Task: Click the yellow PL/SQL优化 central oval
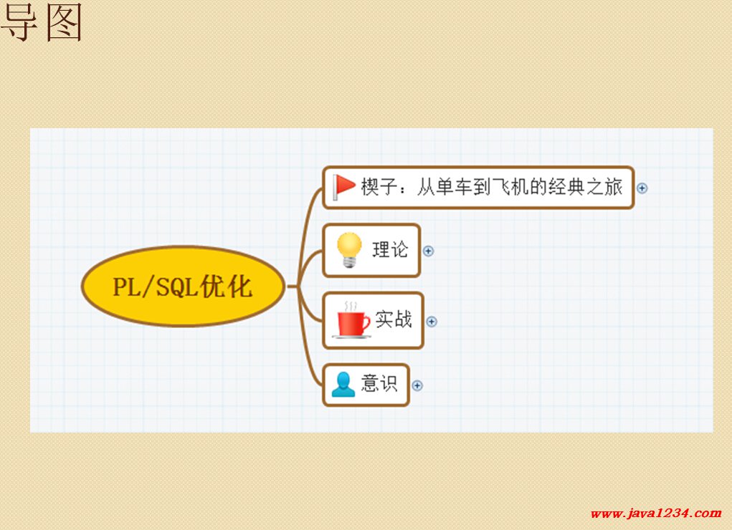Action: pyautogui.click(x=183, y=286)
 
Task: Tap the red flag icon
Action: pyautogui.click(x=343, y=187)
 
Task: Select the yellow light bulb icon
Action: pyautogui.click(x=349, y=250)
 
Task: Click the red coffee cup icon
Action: pyautogui.click(x=352, y=320)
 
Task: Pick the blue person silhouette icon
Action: pyautogui.click(x=343, y=385)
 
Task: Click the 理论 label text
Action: pyautogui.click(x=390, y=249)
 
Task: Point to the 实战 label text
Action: pyautogui.click(x=394, y=319)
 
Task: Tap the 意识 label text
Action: pyautogui.click(x=379, y=383)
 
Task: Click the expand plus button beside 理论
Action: pyautogui.click(x=428, y=251)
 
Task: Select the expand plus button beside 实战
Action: pyautogui.click(x=432, y=322)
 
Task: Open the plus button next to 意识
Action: pyautogui.click(x=417, y=385)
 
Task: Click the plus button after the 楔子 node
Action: pyautogui.click(x=642, y=188)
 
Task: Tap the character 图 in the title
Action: pyautogui.click(x=65, y=22)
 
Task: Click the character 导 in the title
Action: pyautogui.click(x=19, y=22)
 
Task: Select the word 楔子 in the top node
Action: pyautogui.click(x=379, y=187)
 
